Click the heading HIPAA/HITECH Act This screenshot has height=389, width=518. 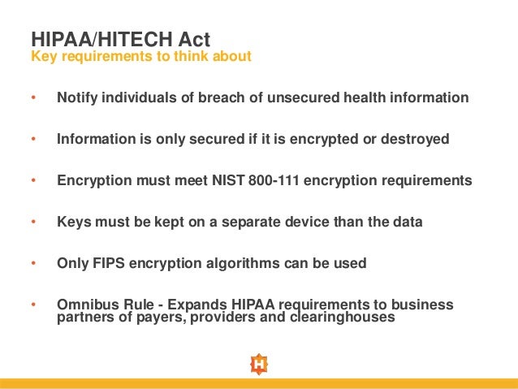[x=120, y=38]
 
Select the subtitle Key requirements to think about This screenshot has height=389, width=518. [x=141, y=57]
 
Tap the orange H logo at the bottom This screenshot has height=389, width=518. [x=258, y=364]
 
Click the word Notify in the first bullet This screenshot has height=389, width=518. [x=76, y=97]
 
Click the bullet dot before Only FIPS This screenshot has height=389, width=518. [x=33, y=264]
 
